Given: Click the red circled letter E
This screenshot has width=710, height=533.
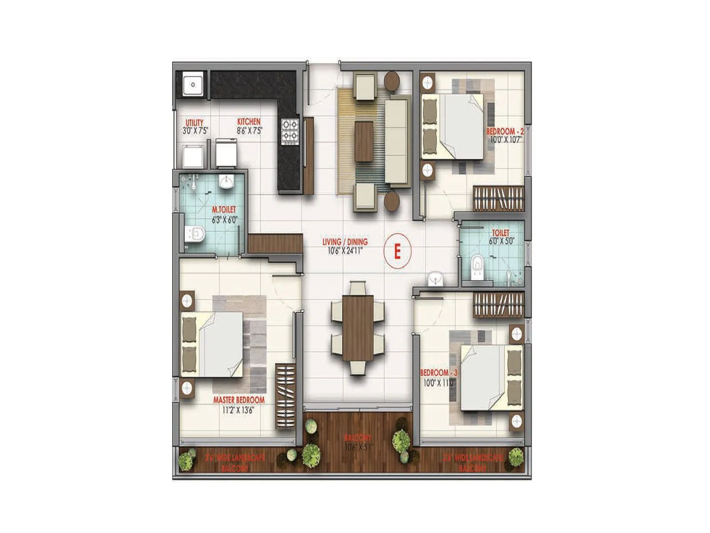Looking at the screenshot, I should pos(398,252).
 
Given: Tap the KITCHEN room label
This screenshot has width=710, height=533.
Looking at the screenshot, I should pos(249,122).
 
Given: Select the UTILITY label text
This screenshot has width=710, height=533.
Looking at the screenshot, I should pos(194,123).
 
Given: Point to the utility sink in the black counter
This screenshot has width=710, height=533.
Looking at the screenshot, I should pos(193,84).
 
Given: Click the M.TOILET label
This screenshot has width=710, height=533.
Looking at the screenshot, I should pos(224,210).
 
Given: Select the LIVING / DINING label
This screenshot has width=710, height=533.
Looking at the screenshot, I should pos(345,242).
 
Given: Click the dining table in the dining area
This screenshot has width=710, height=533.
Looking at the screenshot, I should pos(358,328).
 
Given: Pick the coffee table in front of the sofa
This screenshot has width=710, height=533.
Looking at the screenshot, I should pos(364,141).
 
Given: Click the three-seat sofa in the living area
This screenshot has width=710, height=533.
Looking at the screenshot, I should pos(396,141).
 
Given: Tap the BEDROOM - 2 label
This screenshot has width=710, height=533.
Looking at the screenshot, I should pos(505,131).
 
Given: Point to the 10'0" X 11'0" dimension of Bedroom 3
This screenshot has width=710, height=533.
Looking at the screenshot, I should pos(438,382).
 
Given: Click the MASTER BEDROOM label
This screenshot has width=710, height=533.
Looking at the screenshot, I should pos(239,400).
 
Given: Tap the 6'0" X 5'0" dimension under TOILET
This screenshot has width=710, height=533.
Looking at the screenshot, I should pos(501,242).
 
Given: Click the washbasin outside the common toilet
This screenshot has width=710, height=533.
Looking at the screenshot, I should pos(435,279).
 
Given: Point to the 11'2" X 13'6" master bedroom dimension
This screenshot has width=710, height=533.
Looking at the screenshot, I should pos(238,410).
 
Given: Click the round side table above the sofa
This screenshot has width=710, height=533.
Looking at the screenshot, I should pos(392,81).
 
